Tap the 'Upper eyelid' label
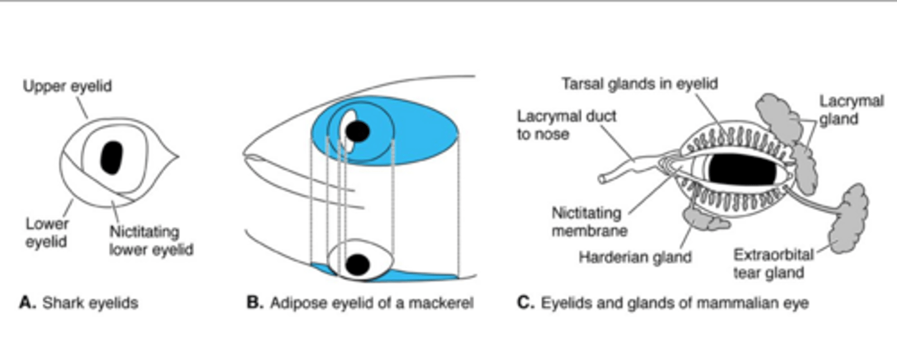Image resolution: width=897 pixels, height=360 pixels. pyautogui.click(x=67, y=86)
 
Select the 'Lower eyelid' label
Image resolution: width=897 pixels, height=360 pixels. pyautogui.click(x=47, y=232)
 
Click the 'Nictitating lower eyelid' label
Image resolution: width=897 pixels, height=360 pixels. pyautogui.click(x=151, y=240)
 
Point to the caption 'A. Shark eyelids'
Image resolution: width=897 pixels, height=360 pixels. pyautogui.click(x=78, y=303)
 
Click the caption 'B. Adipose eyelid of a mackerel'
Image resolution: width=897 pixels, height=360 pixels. pyautogui.click(x=360, y=303)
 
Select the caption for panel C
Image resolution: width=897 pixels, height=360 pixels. pyautogui.click(x=663, y=303)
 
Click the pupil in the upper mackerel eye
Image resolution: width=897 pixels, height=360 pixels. pyautogui.click(x=358, y=131)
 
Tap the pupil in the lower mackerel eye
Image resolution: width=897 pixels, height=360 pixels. pyautogui.click(x=357, y=264)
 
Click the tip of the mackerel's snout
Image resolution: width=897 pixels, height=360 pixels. pyautogui.click(x=244, y=153)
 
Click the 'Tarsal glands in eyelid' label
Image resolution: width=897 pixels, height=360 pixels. pyautogui.click(x=640, y=83)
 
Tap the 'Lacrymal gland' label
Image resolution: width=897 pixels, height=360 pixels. pyautogui.click(x=851, y=109)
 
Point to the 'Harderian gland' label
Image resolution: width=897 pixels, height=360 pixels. pyautogui.click(x=635, y=257)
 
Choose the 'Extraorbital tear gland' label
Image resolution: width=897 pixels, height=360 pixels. pyautogui.click(x=773, y=263)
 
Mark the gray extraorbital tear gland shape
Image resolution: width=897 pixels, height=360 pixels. pyautogui.click(x=848, y=219)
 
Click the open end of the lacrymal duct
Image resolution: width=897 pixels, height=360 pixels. pyautogui.click(x=603, y=179)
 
